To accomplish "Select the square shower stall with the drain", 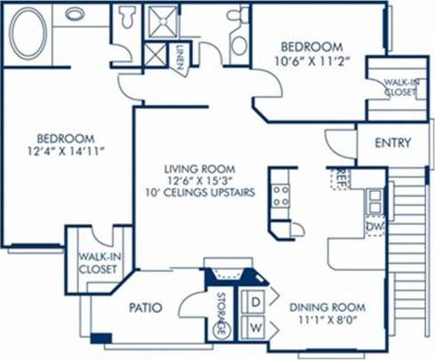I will (162, 23).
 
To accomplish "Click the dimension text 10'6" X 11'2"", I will (311, 61).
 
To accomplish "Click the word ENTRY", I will (391, 143).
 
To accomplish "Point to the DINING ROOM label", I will (328, 308).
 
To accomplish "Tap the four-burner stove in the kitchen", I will (281, 196).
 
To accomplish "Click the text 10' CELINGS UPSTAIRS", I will (205, 192).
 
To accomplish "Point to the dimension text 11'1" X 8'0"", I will (328, 323).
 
